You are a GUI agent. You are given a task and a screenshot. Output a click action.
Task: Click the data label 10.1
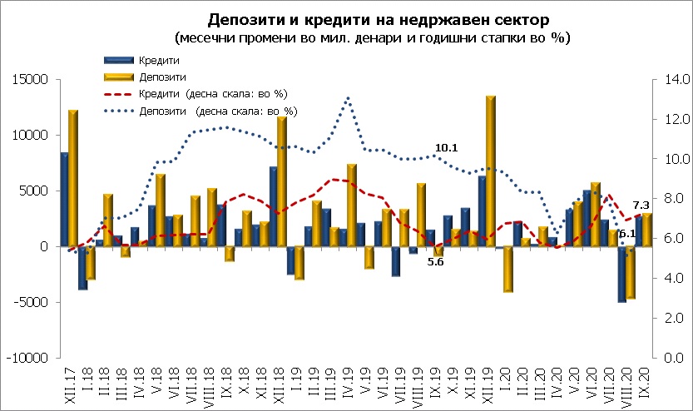tap(447, 148)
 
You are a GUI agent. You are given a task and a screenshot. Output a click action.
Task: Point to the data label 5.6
tap(436, 262)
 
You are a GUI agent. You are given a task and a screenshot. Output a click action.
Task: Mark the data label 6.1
tap(627, 233)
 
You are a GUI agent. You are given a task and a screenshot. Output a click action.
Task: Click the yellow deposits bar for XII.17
tap(73, 178)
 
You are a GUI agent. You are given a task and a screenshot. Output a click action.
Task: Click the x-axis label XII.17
tap(67, 378)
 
